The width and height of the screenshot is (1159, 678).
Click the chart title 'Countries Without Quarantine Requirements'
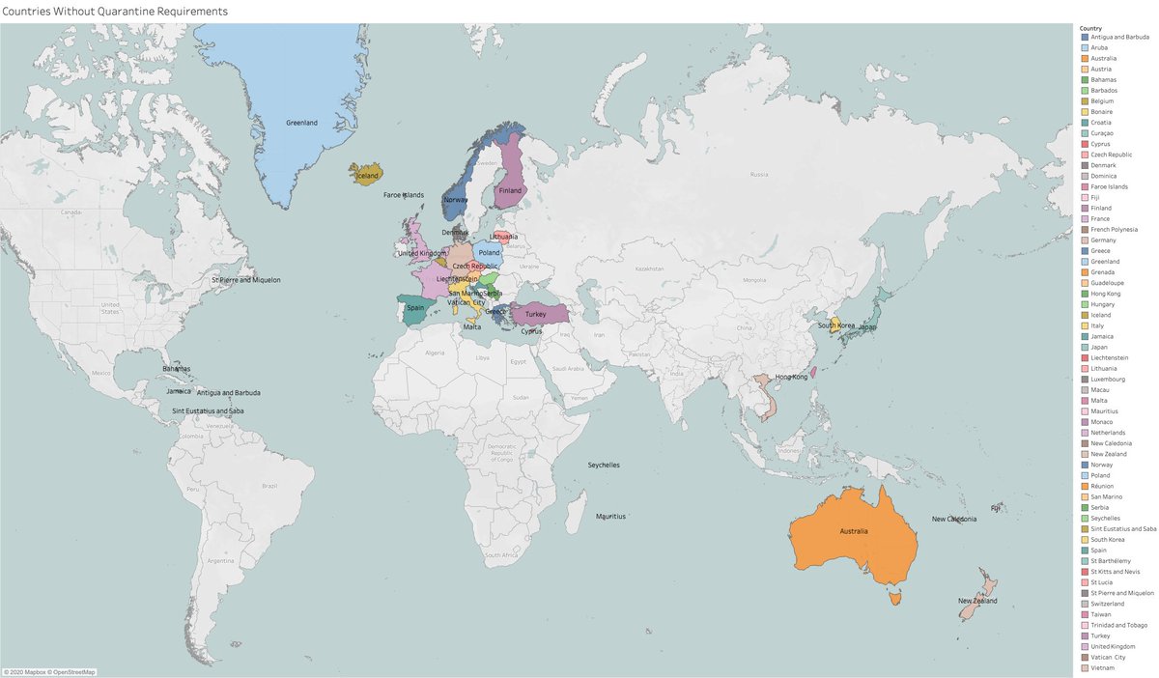115,12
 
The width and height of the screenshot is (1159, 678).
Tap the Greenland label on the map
302,123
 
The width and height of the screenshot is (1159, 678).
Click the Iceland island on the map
368,175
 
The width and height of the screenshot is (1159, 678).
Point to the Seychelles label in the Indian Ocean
604,466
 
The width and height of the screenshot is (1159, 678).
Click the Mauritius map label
611,517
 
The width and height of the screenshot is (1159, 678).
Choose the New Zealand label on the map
976,601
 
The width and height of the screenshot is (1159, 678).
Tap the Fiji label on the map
996,507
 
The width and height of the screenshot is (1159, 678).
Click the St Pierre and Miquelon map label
246,280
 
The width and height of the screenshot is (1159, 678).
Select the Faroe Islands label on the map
404,195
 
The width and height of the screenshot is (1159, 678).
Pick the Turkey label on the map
536,315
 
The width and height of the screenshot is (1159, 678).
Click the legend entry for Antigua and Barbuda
1120,38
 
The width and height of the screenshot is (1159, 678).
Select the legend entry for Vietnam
1106,667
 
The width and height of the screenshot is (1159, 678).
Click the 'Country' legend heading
1091,28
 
